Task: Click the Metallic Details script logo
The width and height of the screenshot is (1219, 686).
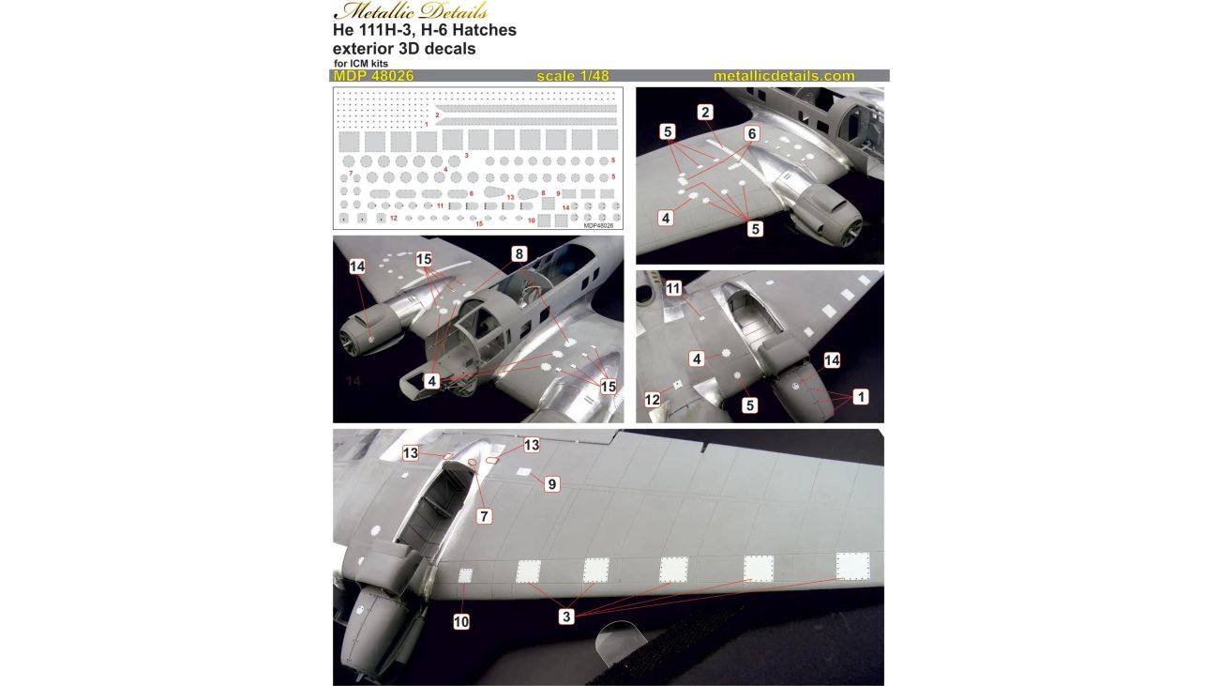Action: (411, 10)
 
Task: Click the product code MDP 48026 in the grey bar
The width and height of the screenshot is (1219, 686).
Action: (373, 76)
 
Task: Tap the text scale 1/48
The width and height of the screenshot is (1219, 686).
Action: (573, 76)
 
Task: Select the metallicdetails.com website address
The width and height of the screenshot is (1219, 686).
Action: (784, 76)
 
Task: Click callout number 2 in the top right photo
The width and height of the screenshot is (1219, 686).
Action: (705, 113)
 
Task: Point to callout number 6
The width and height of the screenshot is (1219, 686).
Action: (751, 133)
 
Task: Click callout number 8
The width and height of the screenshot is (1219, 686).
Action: (519, 253)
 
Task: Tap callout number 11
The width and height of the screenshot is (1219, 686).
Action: (673, 288)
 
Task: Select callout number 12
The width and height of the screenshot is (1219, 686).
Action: (652, 400)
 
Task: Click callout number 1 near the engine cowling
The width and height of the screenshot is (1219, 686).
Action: (861, 397)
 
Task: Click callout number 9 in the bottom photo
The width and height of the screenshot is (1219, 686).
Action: (551, 484)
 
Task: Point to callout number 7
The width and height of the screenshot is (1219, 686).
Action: (485, 515)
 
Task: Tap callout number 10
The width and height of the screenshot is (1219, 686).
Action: (461, 621)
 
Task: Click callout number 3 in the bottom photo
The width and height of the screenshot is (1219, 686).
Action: (566, 617)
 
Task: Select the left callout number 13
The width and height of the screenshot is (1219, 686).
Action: (411, 453)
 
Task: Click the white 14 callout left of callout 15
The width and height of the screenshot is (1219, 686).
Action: (357, 267)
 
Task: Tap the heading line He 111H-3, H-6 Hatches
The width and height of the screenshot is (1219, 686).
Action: (425, 30)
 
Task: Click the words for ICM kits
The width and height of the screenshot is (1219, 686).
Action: (361, 64)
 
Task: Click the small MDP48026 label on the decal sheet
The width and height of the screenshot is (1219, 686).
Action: (598, 225)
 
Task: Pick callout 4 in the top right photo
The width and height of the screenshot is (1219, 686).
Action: (666, 219)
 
